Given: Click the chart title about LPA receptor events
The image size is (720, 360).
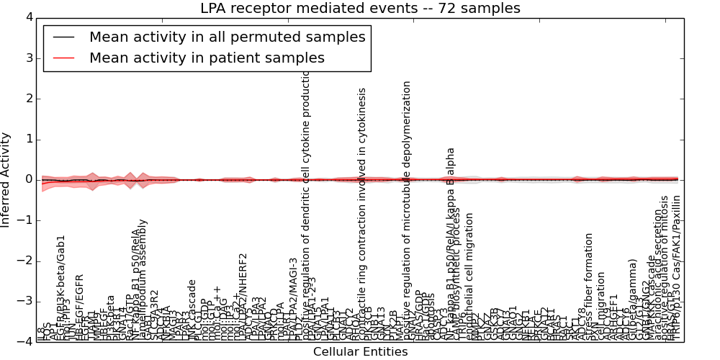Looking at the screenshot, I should pos(360,9).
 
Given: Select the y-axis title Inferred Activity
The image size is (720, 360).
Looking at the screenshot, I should pos(6,179).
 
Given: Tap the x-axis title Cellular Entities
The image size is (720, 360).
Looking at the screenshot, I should pos(360,352).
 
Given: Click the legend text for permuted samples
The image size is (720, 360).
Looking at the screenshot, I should pos(227,37).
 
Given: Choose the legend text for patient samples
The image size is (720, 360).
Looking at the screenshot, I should pos(207,58).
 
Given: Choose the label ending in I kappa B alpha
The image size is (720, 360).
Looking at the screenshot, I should pos(451,245).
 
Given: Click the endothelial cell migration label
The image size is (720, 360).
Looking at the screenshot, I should pos(470,277).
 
